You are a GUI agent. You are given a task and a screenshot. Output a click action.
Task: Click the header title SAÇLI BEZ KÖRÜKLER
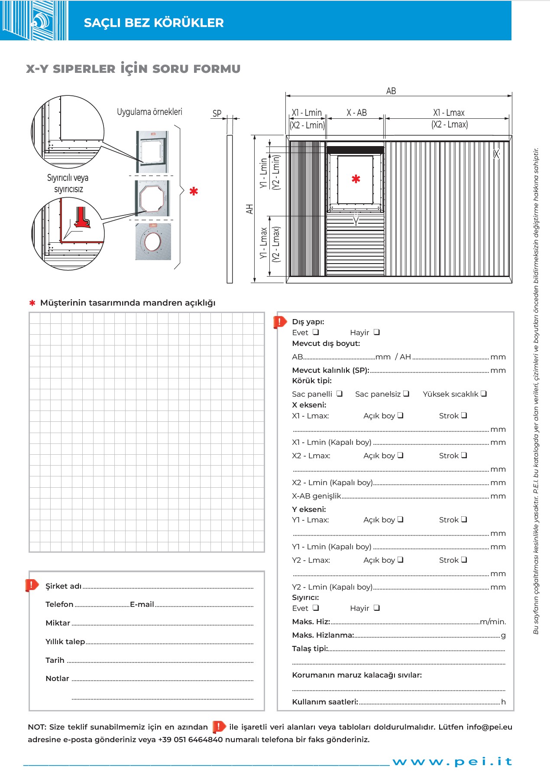coord(154,23)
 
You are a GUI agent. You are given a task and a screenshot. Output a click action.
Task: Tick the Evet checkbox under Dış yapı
coord(316,332)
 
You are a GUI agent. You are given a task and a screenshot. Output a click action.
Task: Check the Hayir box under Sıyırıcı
coord(377,608)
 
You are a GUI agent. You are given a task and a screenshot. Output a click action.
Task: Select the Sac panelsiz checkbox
coord(406,394)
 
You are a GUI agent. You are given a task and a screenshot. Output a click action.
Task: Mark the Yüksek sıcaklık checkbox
coord(484,394)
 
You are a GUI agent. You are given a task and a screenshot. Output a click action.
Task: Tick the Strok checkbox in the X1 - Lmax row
coord(464,415)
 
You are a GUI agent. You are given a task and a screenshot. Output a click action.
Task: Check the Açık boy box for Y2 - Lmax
coord(401,560)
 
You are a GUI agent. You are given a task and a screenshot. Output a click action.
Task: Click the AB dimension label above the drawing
coord(391,91)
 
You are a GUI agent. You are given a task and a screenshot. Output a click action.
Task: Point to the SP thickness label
coord(217,114)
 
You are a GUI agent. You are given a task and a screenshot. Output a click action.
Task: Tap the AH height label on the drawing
coord(249,209)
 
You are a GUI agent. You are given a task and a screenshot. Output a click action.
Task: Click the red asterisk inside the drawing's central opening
coord(356,179)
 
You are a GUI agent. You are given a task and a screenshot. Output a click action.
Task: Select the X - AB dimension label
coord(356,113)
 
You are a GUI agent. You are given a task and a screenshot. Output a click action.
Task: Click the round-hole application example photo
coord(153,241)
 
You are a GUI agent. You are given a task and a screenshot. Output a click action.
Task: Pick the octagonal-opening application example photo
coord(152,198)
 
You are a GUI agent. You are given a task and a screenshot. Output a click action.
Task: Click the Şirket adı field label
coord(63,586)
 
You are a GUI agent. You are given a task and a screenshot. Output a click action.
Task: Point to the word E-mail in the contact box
coord(142,604)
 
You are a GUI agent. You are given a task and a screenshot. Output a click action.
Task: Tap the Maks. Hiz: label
coord(311,622)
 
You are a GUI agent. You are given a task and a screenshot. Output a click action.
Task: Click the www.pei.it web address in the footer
coord(452,762)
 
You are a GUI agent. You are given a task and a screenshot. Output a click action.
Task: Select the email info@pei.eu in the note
coord(489,727)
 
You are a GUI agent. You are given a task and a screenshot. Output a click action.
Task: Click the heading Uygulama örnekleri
coord(149,112)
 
